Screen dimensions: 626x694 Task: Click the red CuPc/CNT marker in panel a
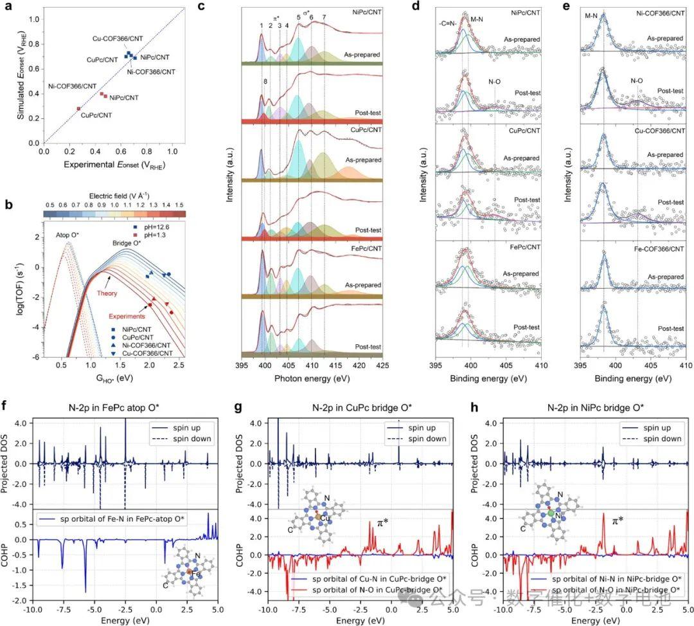point(79,109)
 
